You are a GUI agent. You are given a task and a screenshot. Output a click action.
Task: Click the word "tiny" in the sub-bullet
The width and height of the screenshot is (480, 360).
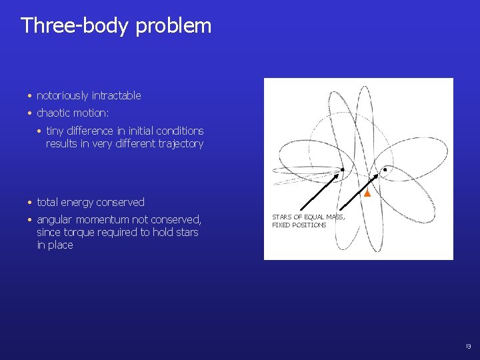tap(57, 131)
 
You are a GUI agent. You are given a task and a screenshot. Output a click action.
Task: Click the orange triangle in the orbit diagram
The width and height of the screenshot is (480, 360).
tap(366, 193)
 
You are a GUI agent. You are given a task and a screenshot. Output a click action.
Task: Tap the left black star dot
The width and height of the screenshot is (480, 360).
tap(342, 169)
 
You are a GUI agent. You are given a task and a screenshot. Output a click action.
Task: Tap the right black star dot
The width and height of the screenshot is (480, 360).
tap(385, 170)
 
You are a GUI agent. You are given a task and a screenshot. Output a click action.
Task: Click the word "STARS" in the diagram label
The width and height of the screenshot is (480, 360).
tap(282, 217)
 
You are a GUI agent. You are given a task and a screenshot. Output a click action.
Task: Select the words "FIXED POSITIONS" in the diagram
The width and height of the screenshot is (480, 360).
tap(299, 225)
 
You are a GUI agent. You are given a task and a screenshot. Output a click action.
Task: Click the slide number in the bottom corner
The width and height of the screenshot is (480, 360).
tap(468, 347)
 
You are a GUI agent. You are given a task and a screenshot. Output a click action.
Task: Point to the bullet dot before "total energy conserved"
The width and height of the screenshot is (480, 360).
tap(31, 203)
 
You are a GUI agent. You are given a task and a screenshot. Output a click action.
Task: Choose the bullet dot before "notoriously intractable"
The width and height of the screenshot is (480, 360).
tap(31, 96)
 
